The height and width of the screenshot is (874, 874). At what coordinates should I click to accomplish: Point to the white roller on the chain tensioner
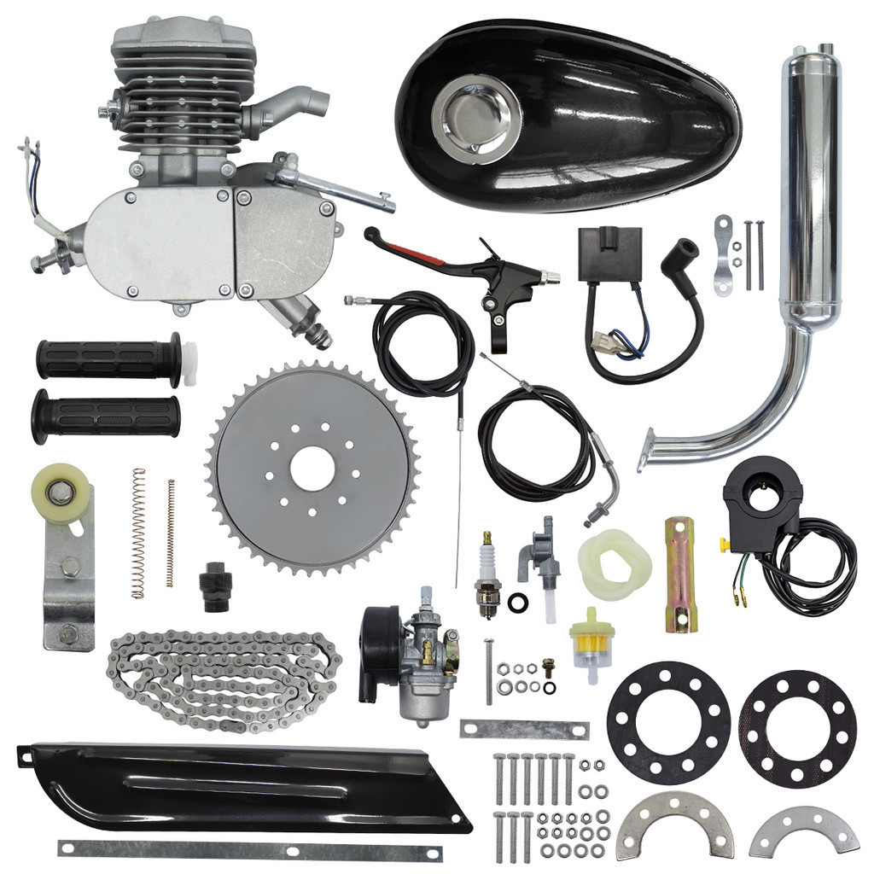tap(61, 492)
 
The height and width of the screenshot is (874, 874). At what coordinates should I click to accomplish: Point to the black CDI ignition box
tap(609, 253)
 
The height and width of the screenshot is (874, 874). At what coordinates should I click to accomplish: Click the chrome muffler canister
tap(810, 188)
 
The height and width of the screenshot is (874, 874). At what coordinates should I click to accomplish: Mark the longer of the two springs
tap(137, 533)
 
